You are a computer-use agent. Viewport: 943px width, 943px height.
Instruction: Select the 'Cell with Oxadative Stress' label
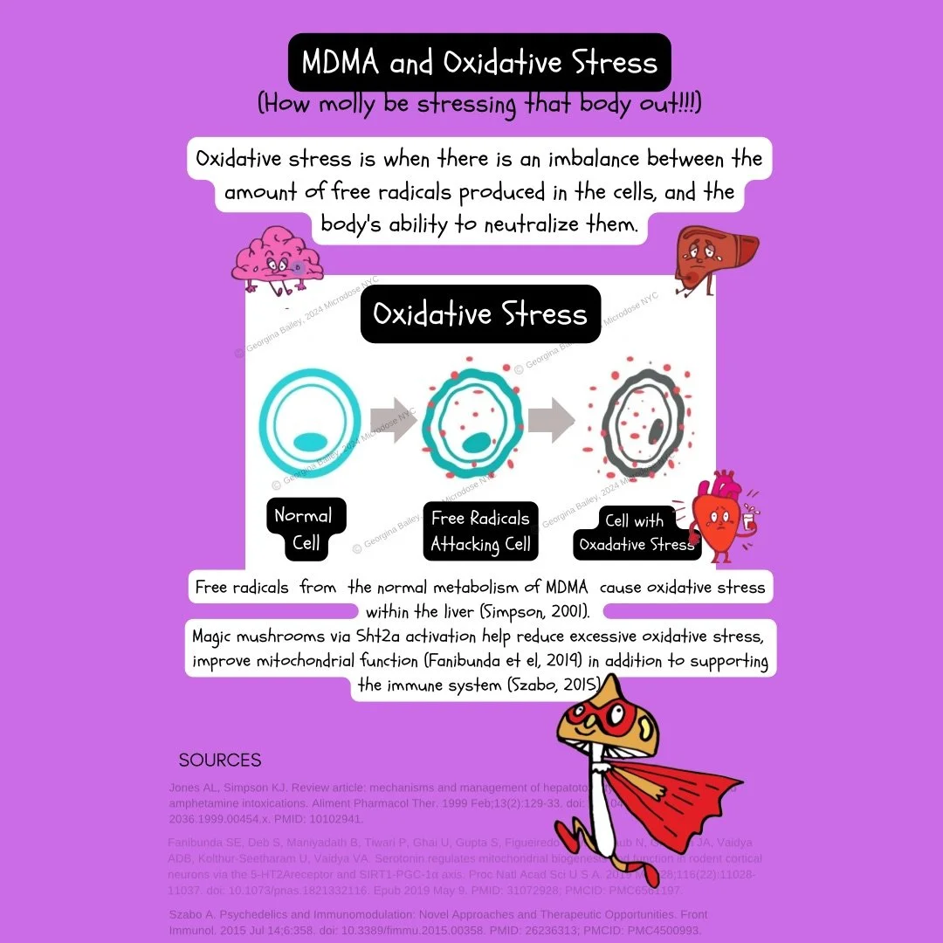pyautogui.click(x=637, y=532)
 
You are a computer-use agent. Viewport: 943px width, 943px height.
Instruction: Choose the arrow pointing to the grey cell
pyautogui.click(x=551, y=421)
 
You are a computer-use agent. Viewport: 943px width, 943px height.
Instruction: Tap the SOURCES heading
pyautogui.click(x=220, y=761)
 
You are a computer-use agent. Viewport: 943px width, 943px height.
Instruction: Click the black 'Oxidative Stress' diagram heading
pyautogui.click(x=480, y=313)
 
